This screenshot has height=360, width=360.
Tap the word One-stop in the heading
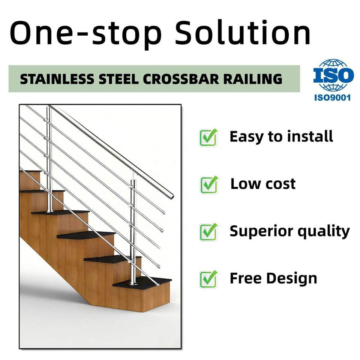coord(85,34)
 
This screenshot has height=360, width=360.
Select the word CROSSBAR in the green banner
coord(181,79)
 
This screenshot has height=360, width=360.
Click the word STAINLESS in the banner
coord(57,79)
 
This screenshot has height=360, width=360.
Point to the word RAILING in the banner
coord(253,79)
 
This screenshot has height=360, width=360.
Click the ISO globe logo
coord(333,75)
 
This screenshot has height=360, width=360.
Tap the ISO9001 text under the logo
coord(333,97)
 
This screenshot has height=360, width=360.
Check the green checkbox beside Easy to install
coord(208,137)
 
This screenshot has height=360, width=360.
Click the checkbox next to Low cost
coord(209,184)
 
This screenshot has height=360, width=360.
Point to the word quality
coord(324,231)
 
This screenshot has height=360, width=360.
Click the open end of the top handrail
coord(171,196)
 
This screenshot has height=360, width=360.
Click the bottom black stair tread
coord(143,282)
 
